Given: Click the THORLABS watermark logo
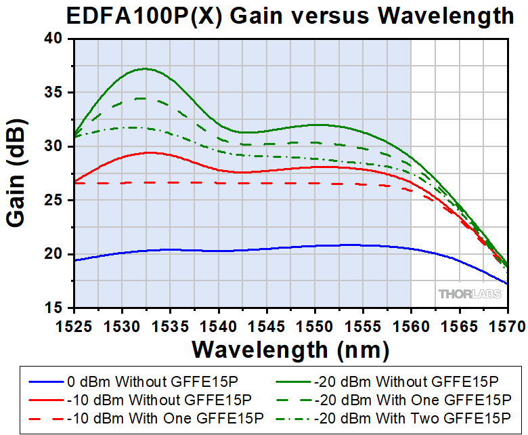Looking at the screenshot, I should (470, 293).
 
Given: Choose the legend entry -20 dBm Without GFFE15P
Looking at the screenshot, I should (406, 381).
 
